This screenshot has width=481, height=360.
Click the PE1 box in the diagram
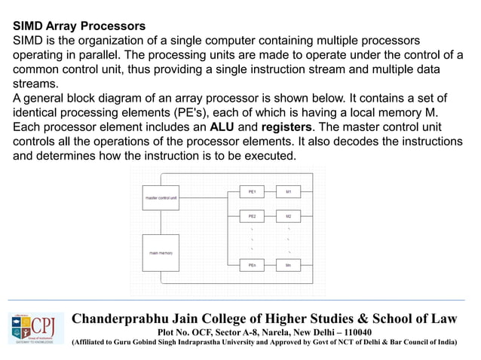[x=252, y=192]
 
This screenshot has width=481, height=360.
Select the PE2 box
[x=252, y=216]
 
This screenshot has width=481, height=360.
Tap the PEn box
[x=252, y=266]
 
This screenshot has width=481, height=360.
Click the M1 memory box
[x=289, y=192]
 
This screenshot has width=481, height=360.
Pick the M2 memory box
[x=289, y=216]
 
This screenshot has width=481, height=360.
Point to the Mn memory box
[x=289, y=266]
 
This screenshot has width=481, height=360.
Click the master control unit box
[x=161, y=198]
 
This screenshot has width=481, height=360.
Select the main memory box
[x=161, y=253]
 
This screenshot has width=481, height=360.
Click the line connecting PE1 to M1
[x=270, y=192]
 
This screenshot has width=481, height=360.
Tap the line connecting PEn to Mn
[x=270, y=266]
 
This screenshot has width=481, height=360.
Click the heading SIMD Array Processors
[x=79, y=26]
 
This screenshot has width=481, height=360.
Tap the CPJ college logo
[x=35, y=328]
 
